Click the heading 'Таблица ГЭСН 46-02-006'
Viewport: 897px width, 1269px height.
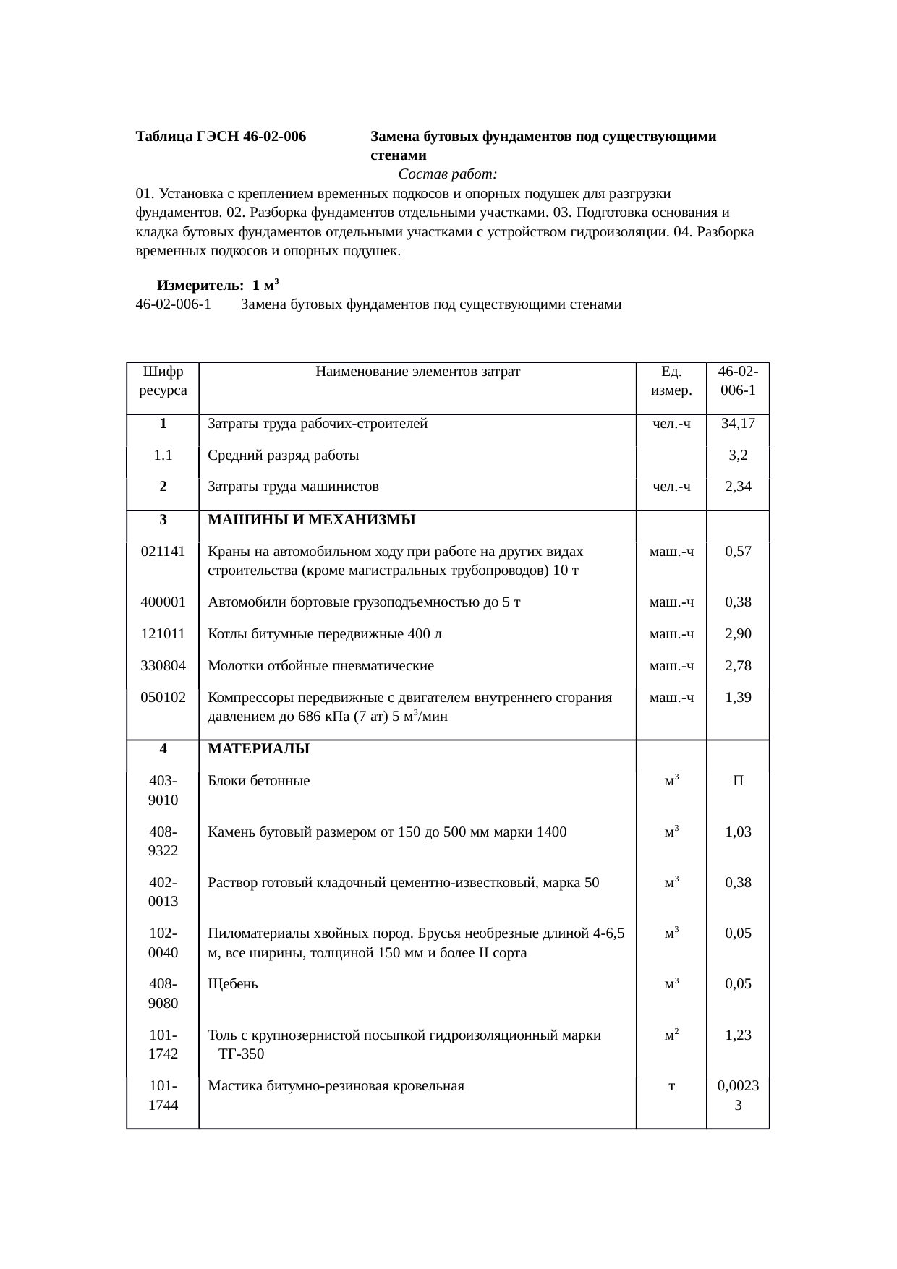click(221, 137)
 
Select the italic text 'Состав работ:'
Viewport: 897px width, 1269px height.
click(447, 174)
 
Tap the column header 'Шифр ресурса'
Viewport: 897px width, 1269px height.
click(163, 380)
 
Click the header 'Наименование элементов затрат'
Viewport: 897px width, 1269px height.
click(417, 372)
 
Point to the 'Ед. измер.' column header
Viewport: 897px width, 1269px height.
click(671, 380)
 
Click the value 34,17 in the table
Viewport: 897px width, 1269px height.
click(738, 424)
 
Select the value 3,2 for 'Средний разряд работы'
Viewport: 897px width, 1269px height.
click(738, 456)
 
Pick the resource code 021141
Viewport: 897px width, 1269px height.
click(163, 551)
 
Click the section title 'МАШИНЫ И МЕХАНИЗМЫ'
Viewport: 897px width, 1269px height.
click(311, 519)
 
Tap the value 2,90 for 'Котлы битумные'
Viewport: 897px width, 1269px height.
click(738, 634)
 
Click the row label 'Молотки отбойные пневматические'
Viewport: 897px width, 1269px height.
click(320, 666)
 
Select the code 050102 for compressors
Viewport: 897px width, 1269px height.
click(163, 698)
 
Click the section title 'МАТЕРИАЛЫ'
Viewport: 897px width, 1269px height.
click(258, 749)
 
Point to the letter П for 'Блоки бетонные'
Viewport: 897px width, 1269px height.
click(738, 781)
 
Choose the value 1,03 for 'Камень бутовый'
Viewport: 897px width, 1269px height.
click(738, 832)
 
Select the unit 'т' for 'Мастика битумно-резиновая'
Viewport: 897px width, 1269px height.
click(671, 1086)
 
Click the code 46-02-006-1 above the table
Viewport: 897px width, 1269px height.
click(173, 304)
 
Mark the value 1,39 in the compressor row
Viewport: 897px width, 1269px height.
click(738, 698)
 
